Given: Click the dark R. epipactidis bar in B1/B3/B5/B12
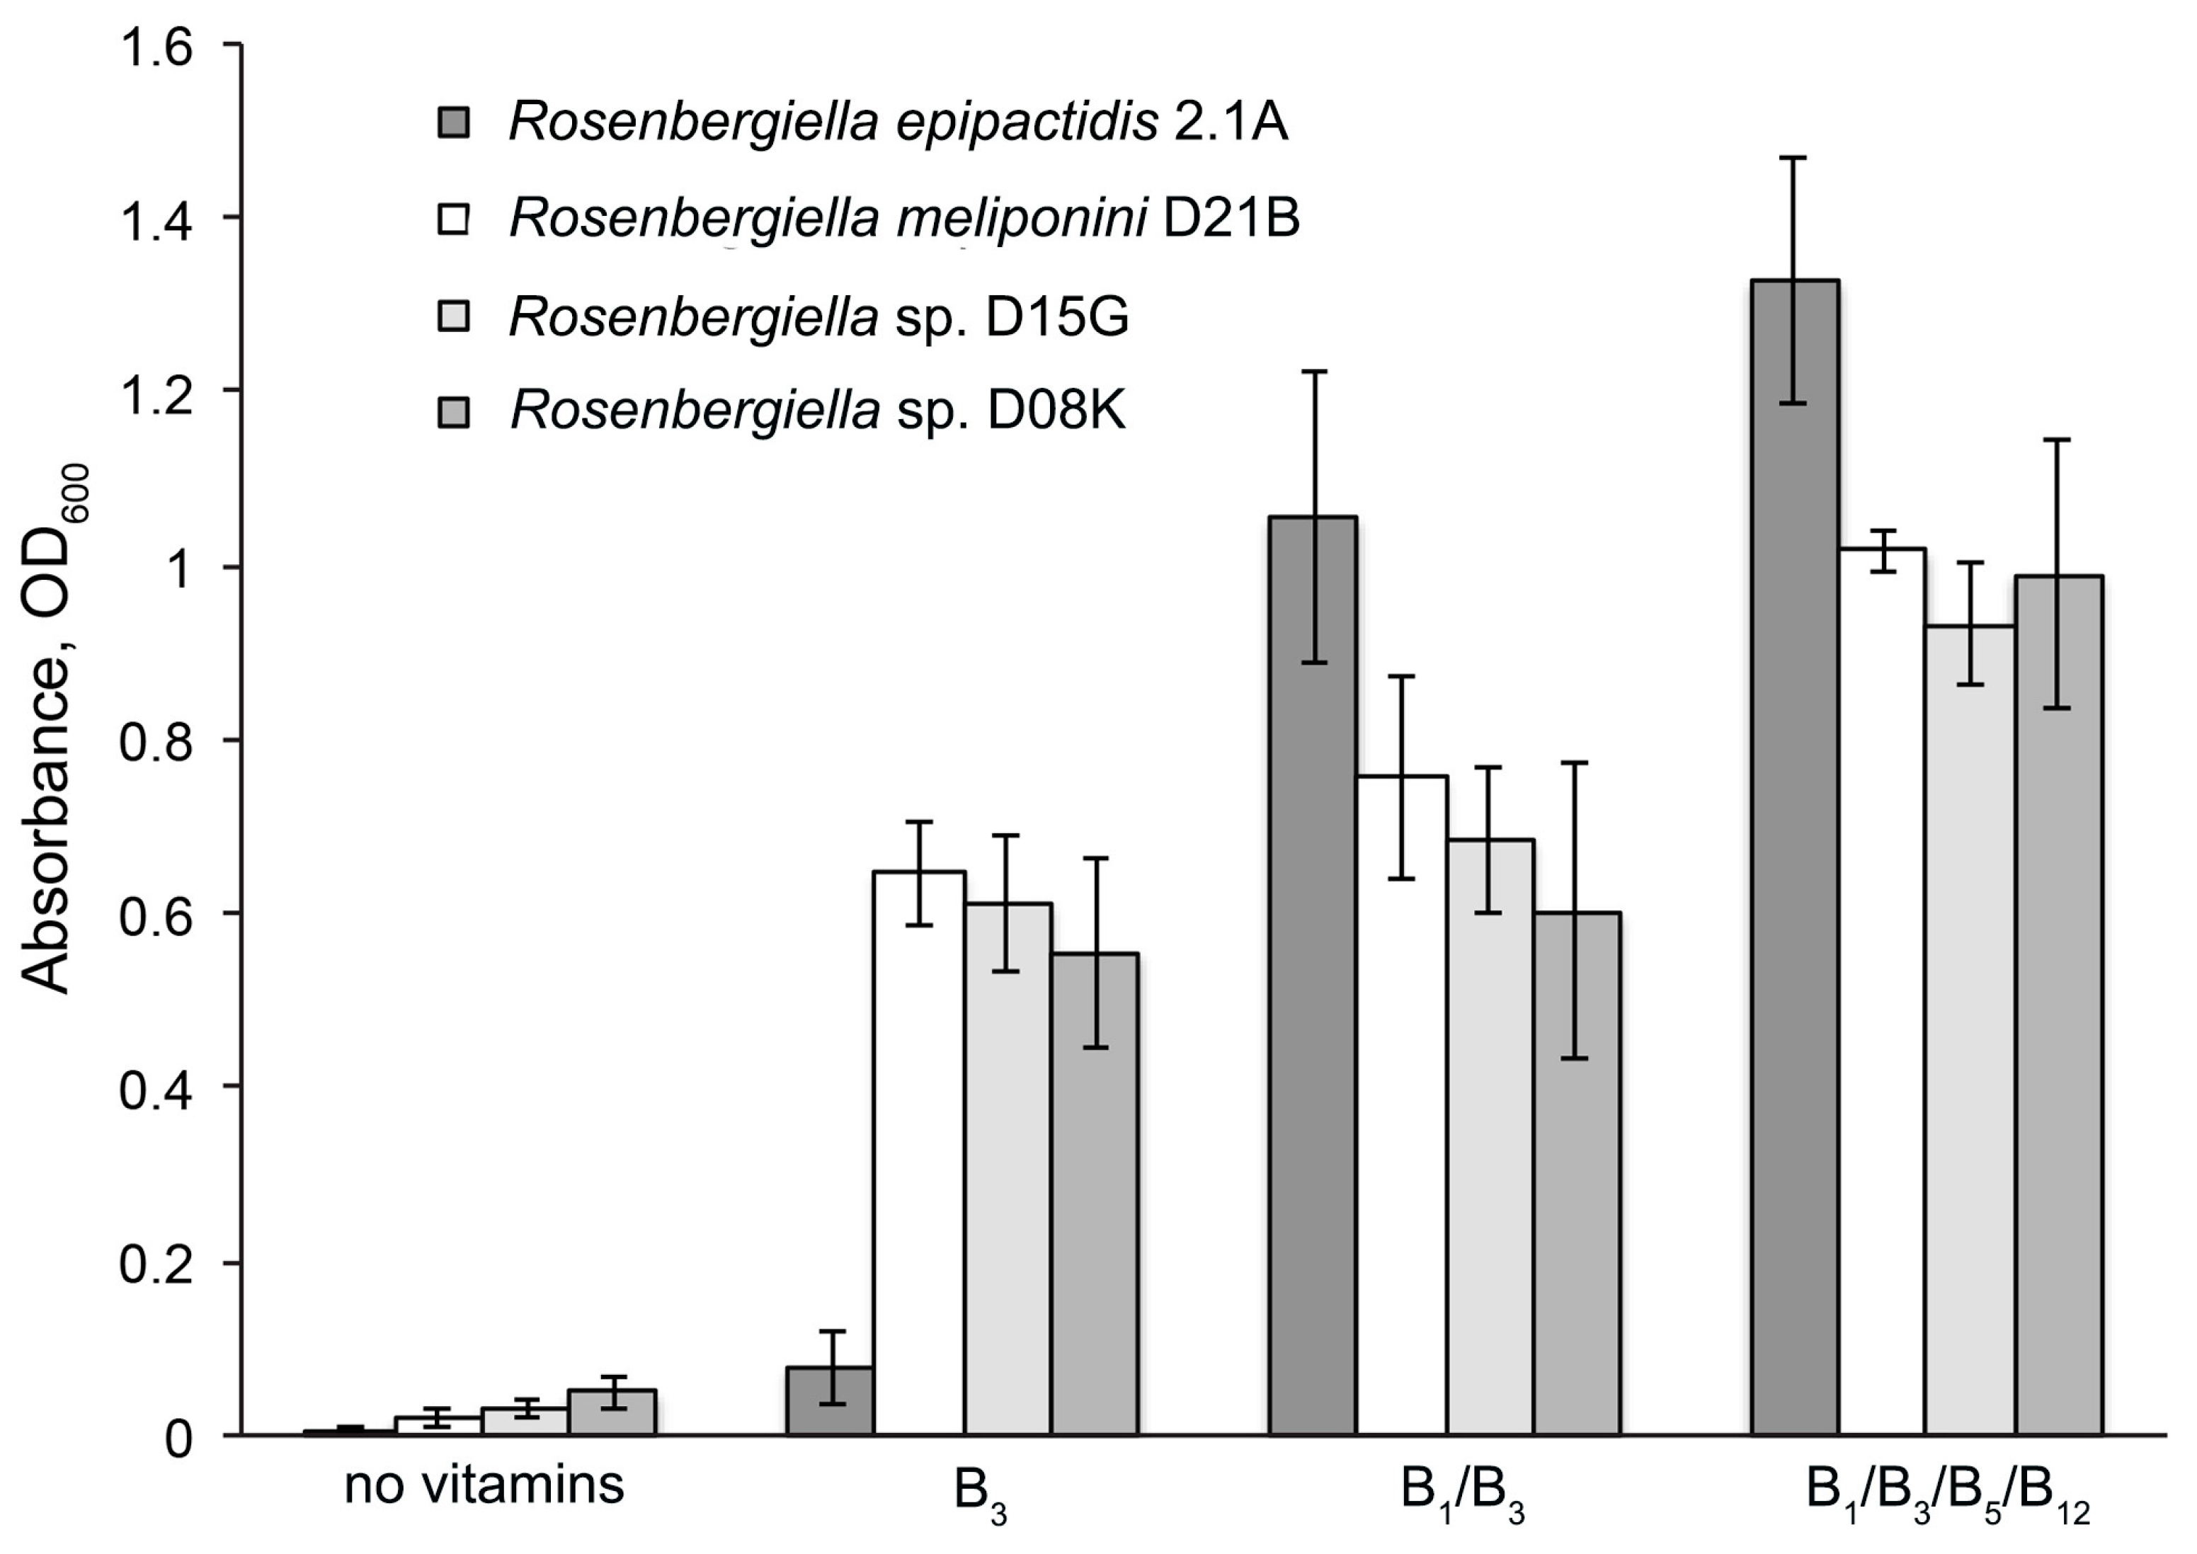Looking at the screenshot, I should [1795, 861].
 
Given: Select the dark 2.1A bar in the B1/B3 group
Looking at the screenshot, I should [1312, 976].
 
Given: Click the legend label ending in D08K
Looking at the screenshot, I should [818, 411].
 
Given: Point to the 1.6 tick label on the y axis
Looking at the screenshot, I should [155, 46].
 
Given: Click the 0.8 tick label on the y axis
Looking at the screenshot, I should [155, 741].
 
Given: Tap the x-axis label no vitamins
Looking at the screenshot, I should [484, 1487].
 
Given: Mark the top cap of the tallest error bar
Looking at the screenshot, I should [1794, 157].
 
